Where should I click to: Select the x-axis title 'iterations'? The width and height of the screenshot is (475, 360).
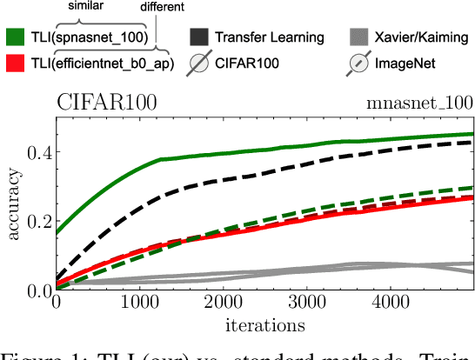tap(265, 325)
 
